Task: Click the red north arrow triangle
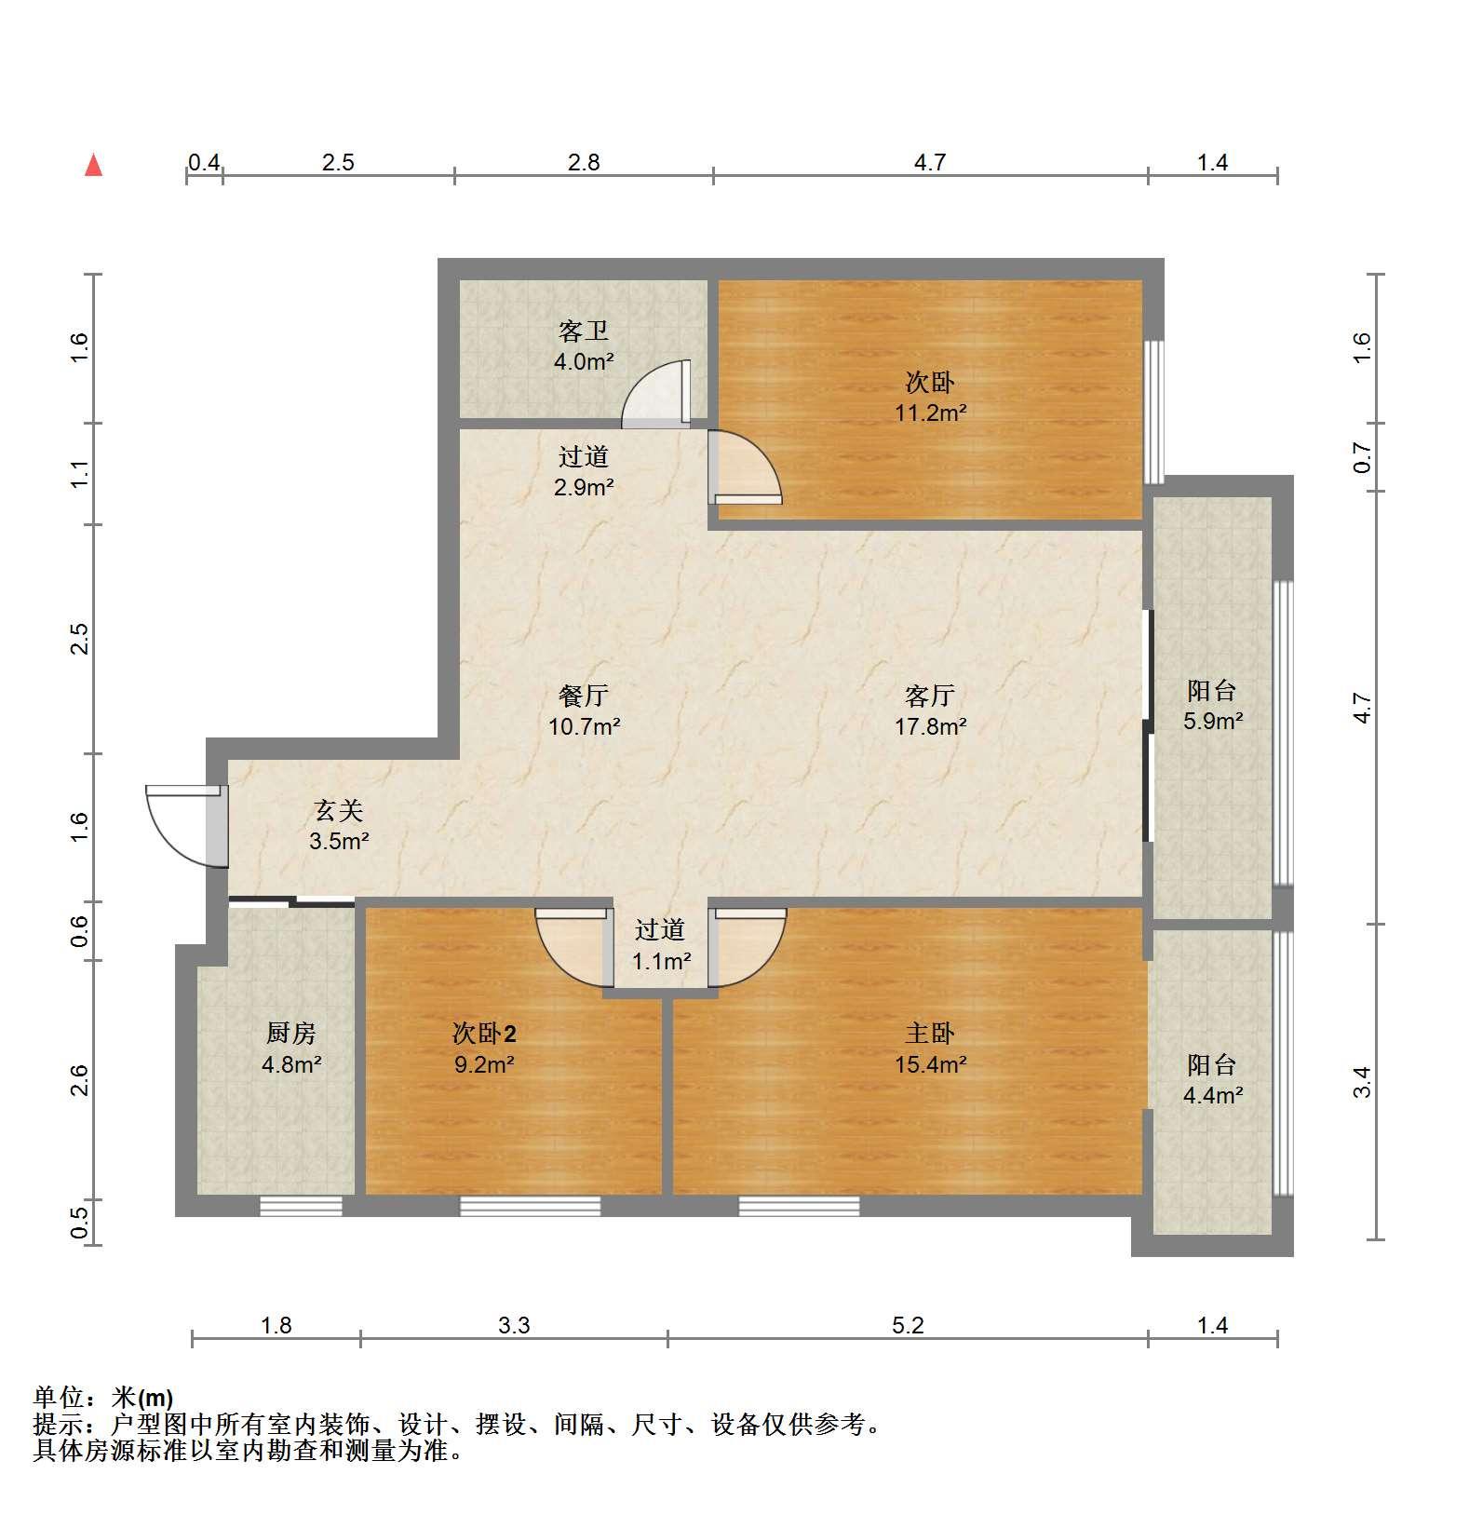coord(93,166)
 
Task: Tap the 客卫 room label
coord(584,331)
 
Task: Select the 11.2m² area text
coord(930,413)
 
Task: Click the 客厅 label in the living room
coord(930,696)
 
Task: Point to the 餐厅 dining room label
coord(584,696)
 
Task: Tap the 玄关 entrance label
coord(339,811)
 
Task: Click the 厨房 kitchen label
coord(291,1033)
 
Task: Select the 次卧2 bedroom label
coord(484,1033)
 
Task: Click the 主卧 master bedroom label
coord(930,1033)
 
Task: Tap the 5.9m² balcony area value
coord(1213,721)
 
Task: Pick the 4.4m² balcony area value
coord(1213,1096)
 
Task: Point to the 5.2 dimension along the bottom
coord(908,1325)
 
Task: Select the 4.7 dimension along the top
coord(929,163)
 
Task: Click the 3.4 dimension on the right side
coord(1363,1082)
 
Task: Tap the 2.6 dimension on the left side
coord(80,1080)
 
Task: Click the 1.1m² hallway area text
coord(661,960)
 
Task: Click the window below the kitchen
coord(301,1206)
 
